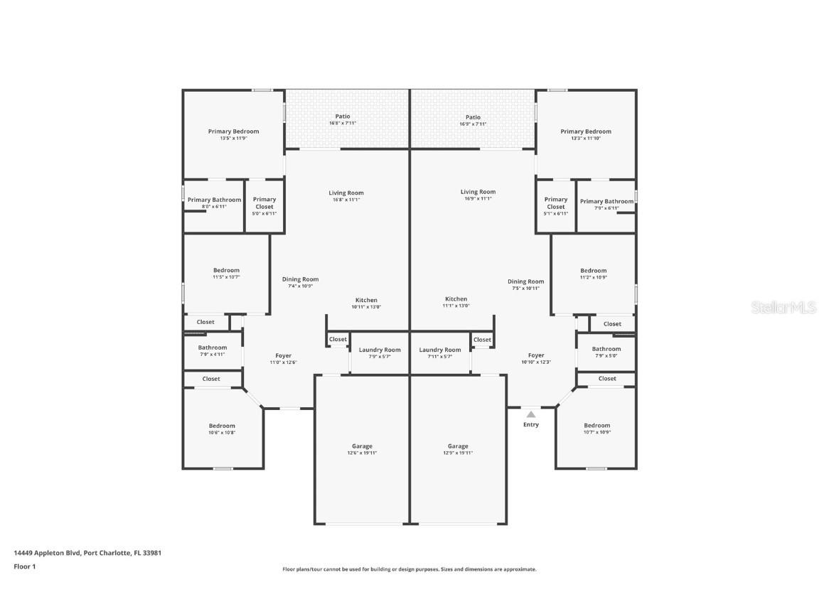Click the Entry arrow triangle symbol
click(531, 414)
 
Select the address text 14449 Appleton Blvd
click(47, 552)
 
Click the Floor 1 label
click(24, 566)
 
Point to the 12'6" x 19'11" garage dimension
click(362, 453)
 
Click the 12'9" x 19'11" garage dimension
click(458, 453)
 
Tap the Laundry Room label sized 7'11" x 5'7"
click(440, 350)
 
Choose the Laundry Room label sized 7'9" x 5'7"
click(380, 350)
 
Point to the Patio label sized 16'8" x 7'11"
click(343, 117)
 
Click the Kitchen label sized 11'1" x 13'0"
click(456, 299)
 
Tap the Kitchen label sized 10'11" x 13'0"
click(366, 300)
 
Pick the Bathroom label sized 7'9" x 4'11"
click(213, 348)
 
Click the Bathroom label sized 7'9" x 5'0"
click(606, 349)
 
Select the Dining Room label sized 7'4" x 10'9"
click(301, 279)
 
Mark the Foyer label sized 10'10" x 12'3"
click(536, 355)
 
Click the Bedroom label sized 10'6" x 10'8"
click(222, 426)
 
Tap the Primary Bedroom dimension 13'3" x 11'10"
click(586, 139)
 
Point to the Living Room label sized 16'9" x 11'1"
click(478, 192)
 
